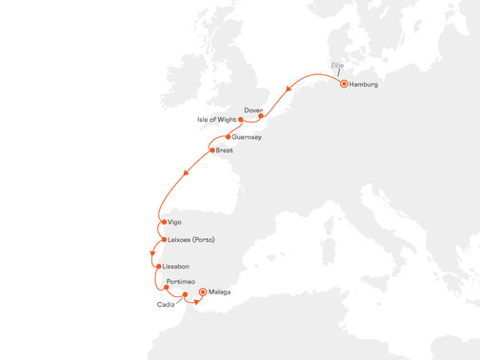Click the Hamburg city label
coord(365,86)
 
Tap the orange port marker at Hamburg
coord(344,84)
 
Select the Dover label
coord(253,110)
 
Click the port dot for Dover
coord(261,117)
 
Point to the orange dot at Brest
coord(211,150)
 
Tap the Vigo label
coord(175,224)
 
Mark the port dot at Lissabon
coord(158,267)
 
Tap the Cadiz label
coord(167,305)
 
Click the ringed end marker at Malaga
coord(202,293)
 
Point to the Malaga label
coord(220,293)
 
